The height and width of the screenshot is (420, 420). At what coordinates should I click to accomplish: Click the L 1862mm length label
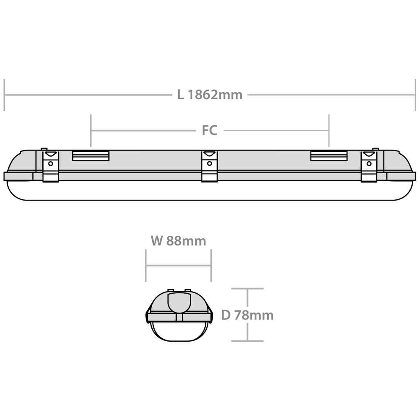[x=210, y=95]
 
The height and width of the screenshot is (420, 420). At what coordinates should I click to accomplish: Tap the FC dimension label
[x=210, y=130]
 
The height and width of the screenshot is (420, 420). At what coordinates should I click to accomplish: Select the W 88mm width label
[x=178, y=241]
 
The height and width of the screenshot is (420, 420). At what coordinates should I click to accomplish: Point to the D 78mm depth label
[x=247, y=315]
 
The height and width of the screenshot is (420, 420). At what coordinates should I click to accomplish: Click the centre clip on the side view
[x=210, y=167]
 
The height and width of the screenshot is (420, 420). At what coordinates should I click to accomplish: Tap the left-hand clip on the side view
[x=50, y=167]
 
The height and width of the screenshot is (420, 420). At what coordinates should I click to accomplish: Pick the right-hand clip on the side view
[x=369, y=167]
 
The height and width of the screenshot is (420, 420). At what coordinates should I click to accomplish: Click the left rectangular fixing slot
[x=91, y=155]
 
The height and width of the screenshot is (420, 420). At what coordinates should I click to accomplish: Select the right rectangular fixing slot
[x=329, y=155]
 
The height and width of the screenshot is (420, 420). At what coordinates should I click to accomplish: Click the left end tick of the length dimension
[x=4, y=95]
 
